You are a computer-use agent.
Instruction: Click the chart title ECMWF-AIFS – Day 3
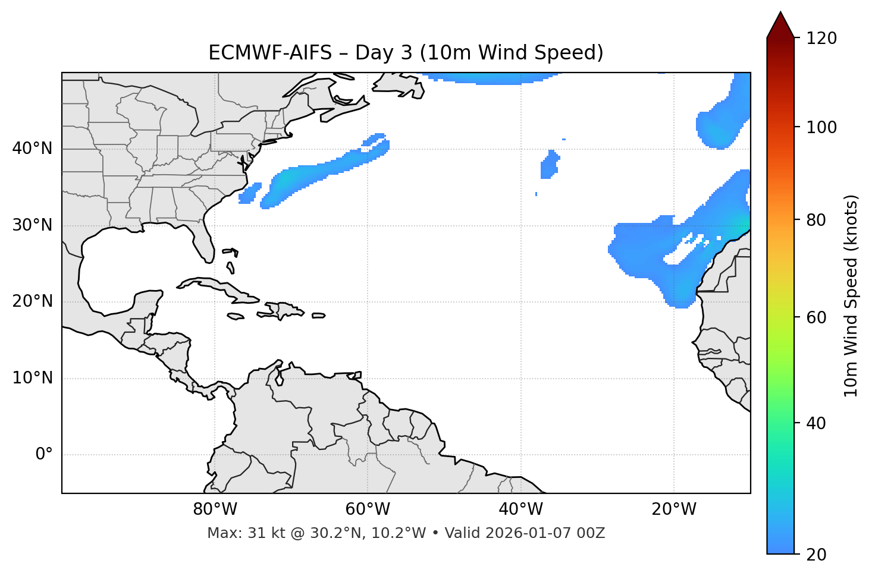[406, 53]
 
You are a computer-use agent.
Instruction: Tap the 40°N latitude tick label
[32, 149]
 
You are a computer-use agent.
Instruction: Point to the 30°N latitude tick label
[32, 225]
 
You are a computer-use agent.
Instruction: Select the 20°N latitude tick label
[32, 301]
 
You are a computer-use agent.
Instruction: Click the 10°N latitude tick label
[32, 378]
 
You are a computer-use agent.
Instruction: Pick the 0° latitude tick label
[44, 455]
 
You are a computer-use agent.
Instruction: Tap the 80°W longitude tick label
[215, 509]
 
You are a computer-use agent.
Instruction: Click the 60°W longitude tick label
[368, 509]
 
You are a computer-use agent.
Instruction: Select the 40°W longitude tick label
[520, 509]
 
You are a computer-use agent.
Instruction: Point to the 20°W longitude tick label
[673, 509]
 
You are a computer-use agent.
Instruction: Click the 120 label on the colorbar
[821, 39]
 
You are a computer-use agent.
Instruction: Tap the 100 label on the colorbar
[821, 127]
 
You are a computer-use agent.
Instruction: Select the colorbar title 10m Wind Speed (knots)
[851, 295]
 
